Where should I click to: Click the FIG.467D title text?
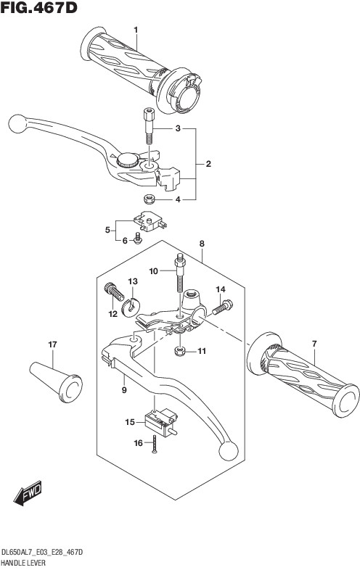point(39,7)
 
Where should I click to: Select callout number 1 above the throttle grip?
point(136,30)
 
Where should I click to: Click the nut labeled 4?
point(150,199)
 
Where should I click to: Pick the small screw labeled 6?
point(138,239)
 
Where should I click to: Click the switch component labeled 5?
point(150,221)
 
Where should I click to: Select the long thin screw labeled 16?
point(154,445)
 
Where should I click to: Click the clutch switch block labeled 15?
point(161,420)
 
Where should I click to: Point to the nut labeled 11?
point(180,351)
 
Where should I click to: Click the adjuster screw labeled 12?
point(114,292)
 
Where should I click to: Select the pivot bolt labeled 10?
point(179,273)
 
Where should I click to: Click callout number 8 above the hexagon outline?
point(202,244)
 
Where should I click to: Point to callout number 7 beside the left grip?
point(314,343)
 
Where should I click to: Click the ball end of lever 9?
point(229,451)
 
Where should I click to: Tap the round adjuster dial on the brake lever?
point(127,160)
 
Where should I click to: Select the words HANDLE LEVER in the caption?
point(24,563)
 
